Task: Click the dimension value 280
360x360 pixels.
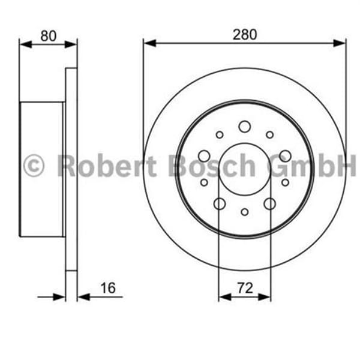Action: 244,34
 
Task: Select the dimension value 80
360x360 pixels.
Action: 48,35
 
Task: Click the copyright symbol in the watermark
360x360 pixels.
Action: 34,165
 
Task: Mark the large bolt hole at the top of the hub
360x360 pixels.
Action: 244,127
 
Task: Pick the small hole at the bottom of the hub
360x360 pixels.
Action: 244,211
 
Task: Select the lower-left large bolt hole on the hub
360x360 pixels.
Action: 219,203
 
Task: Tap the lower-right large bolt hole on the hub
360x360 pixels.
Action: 270,203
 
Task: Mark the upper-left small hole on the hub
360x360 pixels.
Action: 220,135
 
